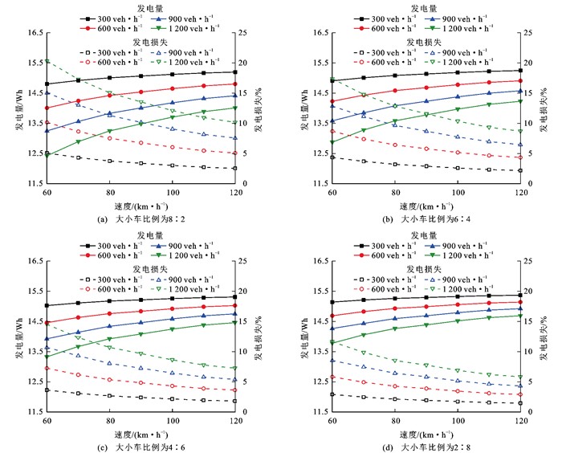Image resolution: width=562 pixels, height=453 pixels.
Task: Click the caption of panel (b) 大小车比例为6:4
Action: point(426,219)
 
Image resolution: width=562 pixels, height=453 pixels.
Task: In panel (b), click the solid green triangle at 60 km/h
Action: point(332,142)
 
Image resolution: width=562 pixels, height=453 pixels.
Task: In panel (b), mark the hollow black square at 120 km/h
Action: point(521,170)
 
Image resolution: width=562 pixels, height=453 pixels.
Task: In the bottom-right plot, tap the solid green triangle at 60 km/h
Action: point(332,343)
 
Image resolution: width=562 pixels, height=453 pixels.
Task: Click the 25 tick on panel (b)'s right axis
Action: point(531,32)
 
